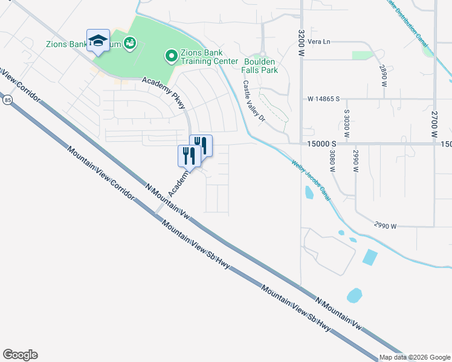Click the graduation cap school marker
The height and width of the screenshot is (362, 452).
coord(98,41)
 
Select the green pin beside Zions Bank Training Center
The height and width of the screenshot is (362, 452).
coord(171,57)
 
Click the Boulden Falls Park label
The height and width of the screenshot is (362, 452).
coord(260,66)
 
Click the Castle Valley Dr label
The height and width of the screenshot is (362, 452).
coord(254,102)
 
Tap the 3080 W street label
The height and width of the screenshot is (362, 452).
coord(332,160)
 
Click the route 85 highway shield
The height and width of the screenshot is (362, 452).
coord(7,100)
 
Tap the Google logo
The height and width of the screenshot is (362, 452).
coord(20,355)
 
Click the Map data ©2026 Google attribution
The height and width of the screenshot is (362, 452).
coord(415,357)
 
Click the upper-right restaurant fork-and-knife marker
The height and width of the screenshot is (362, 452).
coord(201,145)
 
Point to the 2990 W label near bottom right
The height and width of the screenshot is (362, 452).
coord(384,226)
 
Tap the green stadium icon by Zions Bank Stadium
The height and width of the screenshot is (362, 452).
coord(129,43)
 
